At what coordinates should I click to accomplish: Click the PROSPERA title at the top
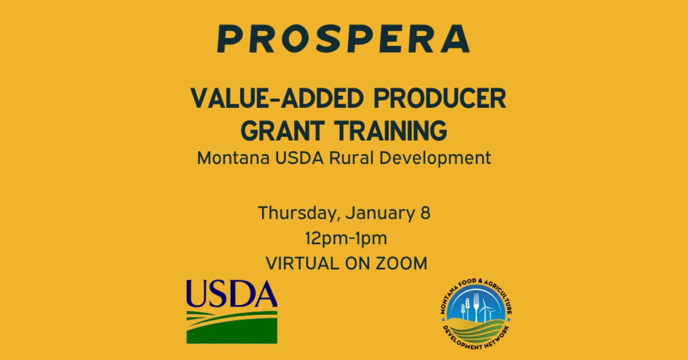[x=344, y=39]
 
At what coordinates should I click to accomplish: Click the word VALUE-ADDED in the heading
[x=277, y=98]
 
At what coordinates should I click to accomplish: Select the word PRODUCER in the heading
[x=440, y=98]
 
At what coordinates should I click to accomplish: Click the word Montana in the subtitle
[x=233, y=158]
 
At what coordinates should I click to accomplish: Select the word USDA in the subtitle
[x=299, y=158]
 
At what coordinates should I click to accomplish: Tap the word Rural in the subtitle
[x=351, y=158]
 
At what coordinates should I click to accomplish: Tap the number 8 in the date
[x=425, y=213]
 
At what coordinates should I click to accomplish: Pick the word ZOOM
[x=401, y=264]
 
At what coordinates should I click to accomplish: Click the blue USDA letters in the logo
[x=232, y=294]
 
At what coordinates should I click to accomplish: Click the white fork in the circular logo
[x=477, y=307]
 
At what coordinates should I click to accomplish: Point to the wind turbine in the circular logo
[x=485, y=310]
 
